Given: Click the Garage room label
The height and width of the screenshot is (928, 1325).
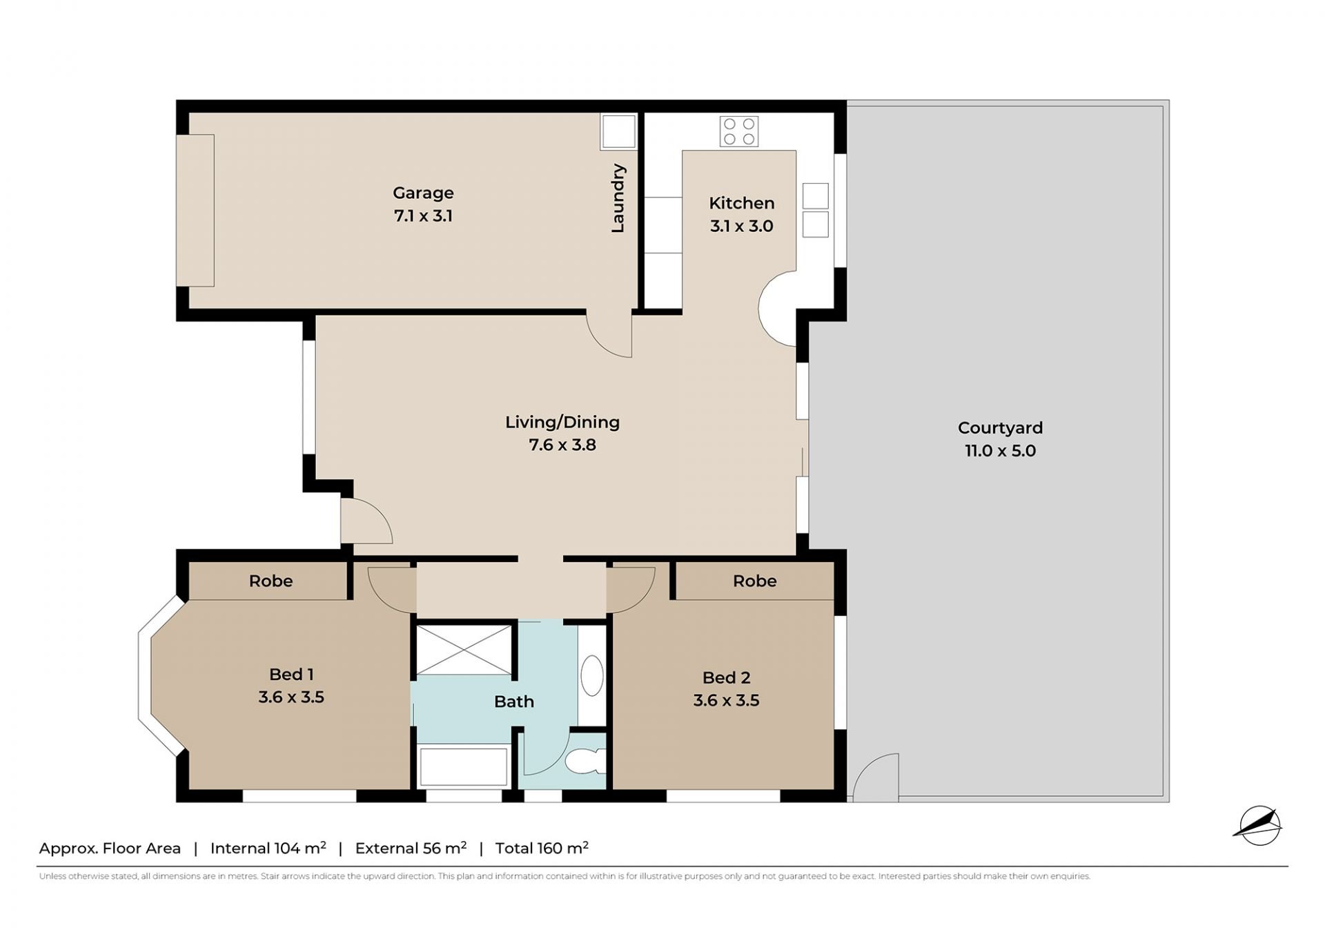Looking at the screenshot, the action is coord(423,193).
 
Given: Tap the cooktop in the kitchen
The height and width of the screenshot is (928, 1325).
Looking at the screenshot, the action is coord(739,132).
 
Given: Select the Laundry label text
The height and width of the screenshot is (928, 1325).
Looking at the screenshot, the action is coord(618,198).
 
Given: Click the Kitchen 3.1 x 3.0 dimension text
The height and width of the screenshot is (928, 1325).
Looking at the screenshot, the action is coord(742,226).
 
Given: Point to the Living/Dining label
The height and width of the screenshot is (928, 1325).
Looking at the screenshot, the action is coord(562,422).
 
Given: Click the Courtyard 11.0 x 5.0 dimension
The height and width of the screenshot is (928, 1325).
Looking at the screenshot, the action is coord(1000,451).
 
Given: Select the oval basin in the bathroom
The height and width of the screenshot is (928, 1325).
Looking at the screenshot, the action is coord(592,675).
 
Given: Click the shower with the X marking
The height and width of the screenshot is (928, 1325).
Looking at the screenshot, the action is coord(464,650).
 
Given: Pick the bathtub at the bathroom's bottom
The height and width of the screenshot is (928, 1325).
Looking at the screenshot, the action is coord(464,766).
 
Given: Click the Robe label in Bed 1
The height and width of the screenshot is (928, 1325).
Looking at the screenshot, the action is coord(271,581).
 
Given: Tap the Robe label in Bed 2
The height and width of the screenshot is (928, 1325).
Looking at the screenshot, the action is coord(755,581).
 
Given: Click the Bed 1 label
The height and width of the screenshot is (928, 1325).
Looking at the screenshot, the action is coord(291,674).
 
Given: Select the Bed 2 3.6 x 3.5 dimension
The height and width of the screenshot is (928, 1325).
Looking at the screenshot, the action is coord(726,700).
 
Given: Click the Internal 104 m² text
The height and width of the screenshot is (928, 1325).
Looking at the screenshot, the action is coord(268,848).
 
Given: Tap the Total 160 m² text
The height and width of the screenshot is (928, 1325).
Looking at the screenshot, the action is coord(542,848).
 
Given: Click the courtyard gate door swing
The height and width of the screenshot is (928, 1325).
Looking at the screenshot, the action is coord(875,777).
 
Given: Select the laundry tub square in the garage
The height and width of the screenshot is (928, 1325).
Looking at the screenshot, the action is coord(618,131).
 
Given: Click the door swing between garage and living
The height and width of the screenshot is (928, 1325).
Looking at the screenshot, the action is coord(609,335).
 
